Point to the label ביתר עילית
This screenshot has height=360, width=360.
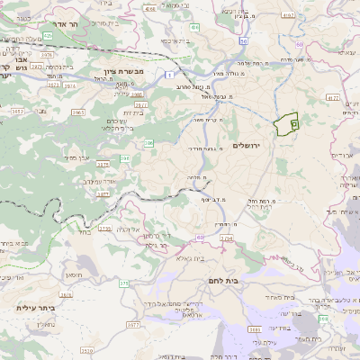click(36, 308)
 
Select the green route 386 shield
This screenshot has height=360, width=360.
click(149, 143)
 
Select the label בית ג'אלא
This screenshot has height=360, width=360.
click(193, 258)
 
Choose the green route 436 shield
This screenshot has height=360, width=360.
click(195, 28)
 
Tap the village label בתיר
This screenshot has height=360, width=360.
click(85, 231)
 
